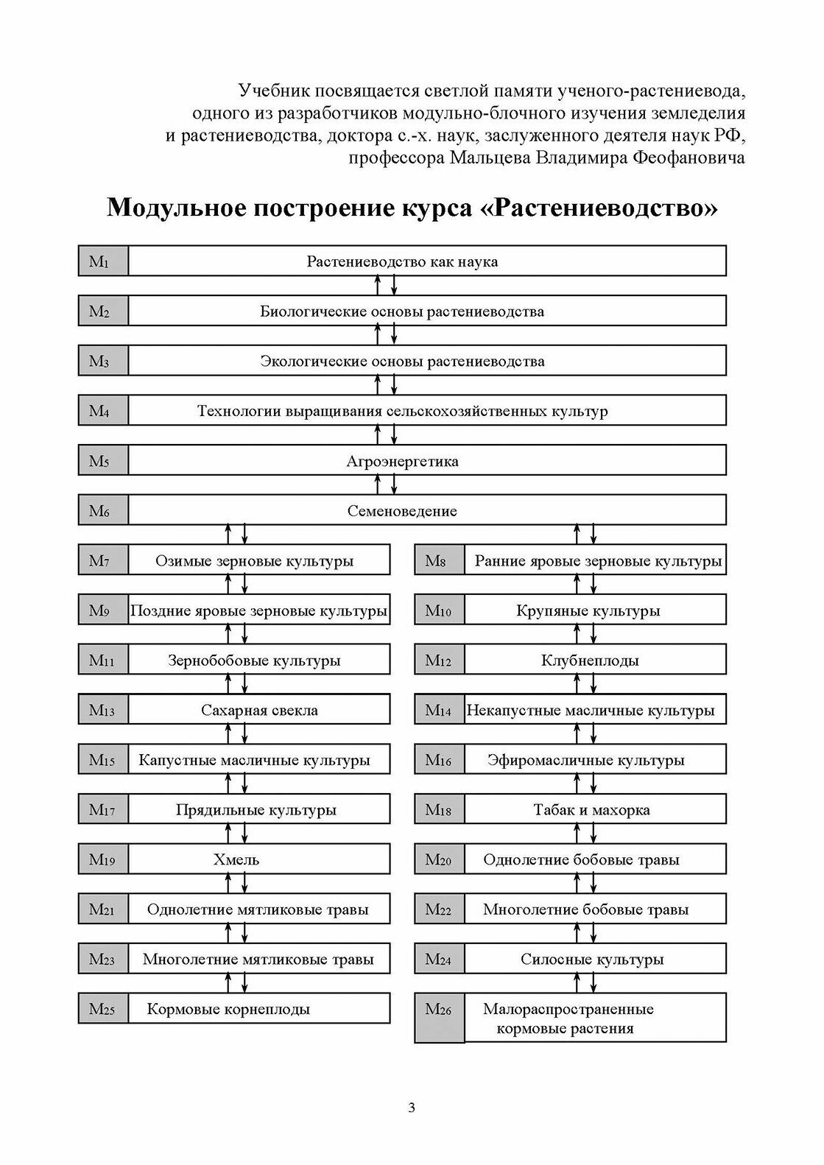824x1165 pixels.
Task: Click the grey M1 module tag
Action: coord(103,261)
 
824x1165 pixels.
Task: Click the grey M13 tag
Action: coord(103,711)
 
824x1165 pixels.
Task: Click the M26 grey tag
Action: coord(439,1018)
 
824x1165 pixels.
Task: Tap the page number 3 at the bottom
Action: coord(412,1108)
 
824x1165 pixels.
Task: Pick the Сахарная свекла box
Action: coord(259,711)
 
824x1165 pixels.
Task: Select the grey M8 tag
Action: coord(439,561)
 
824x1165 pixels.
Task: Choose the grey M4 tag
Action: coord(103,411)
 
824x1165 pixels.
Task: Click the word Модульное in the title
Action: coord(175,208)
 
